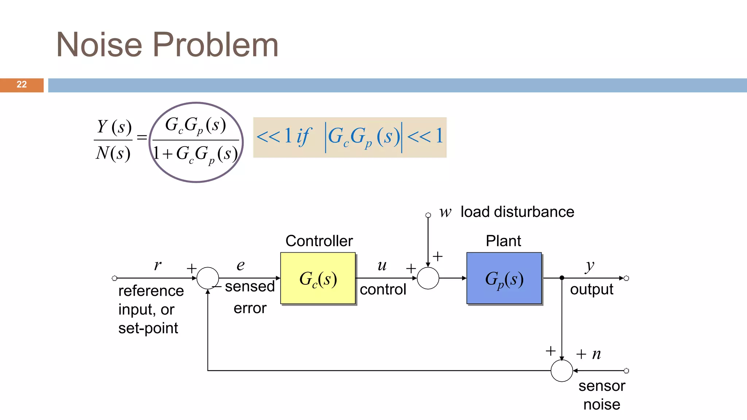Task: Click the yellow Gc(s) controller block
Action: (x=318, y=278)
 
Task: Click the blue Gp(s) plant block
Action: (x=504, y=278)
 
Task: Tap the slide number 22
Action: (x=22, y=85)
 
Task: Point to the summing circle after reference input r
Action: (x=208, y=278)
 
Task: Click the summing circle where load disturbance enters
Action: (x=428, y=278)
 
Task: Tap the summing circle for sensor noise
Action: (x=562, y=371)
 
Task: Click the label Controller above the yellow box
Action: (x=319, y=241)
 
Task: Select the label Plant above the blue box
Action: (x=503, y=241)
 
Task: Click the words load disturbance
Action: (x=517, y=212)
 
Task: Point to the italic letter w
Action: (x=445, y=212)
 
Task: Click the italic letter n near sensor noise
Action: (x=596, y=354)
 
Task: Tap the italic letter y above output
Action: (x=589, y=266)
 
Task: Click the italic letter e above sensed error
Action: (x=240, y=265)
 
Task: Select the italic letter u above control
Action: (x=382, y=265)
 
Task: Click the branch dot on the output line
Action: (x=562, y=278)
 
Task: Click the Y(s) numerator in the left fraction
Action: (x=114, y=127)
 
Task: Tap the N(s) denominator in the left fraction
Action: (x=113, y=153)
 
